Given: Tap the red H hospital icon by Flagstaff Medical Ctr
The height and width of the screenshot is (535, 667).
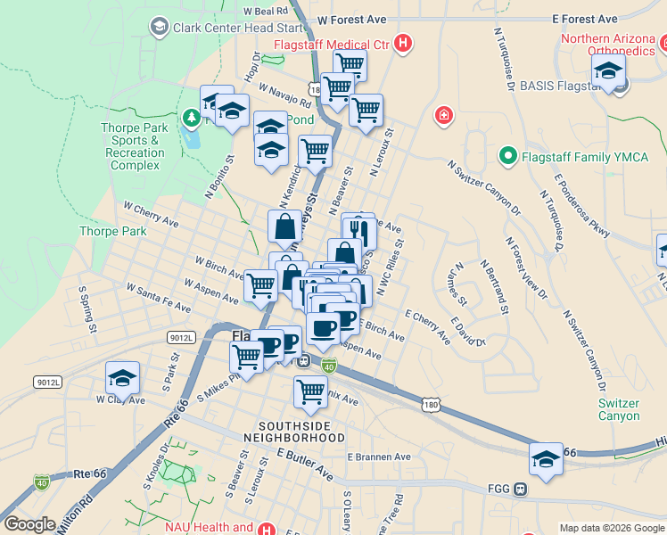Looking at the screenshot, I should pyautogui.click(x=403, y=43).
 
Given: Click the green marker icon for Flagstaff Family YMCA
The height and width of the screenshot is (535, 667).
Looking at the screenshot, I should pyautogui.click(x=507, y=157).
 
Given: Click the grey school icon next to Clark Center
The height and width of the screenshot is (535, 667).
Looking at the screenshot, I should pyautogui.click(x=160, y=27).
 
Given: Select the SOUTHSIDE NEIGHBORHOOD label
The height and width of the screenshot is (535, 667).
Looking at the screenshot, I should pyautogui.click(x=301, y=432).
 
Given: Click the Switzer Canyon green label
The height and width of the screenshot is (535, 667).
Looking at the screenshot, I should pyautogui.click(x=618, y=409).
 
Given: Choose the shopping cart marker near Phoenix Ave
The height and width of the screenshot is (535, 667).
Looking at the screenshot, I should pyautogui.click(x=310, y=391).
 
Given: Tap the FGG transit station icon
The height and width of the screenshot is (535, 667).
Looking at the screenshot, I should pyautogui.click(x=521, y=489).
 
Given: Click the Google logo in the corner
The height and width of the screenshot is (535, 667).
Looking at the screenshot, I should pyautogui.click(x=29, y=524).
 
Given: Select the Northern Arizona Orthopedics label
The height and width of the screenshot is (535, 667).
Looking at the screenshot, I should pyautogui.click(x=610, y=45).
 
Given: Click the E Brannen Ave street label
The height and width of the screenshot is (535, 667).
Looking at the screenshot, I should pyautogui.click(x=379, y=457).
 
